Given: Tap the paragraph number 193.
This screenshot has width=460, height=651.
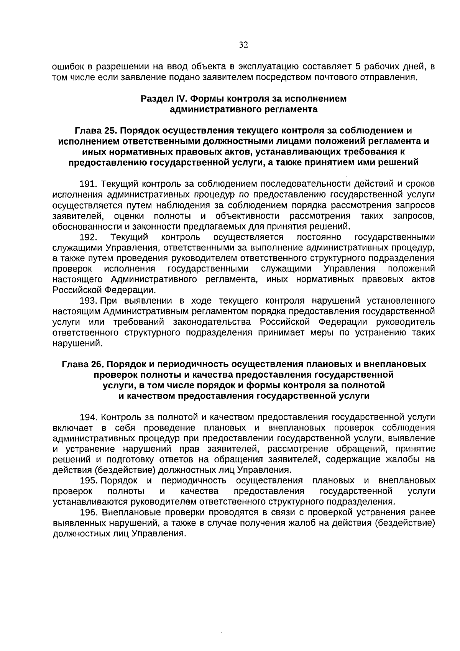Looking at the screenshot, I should [88, 300].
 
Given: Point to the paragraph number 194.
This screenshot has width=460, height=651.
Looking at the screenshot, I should [88, 417].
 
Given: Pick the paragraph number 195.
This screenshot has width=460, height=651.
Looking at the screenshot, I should [88, 481].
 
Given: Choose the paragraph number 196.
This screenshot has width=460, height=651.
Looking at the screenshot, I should [88, 513].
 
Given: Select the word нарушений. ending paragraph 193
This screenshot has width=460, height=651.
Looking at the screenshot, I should [77, 343].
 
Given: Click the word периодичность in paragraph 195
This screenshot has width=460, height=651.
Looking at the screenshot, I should [194, 481].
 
